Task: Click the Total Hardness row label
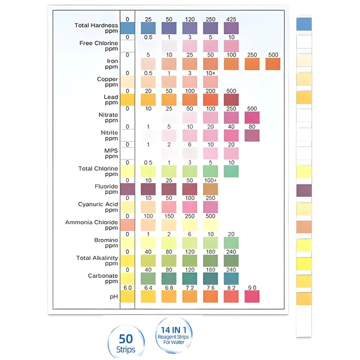coord(96,28)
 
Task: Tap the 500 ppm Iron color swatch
coord(273,64)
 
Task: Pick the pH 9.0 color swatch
coord(252,296)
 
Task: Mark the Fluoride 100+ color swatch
coord(210,189)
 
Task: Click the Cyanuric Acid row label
coord(98,207)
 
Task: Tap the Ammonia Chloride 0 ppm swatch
coord(127,225)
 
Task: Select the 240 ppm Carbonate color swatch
coord(231,278)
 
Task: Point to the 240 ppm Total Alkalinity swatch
coord(231,260)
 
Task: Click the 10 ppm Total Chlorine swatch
coord(231,171)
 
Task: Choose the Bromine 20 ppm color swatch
coord(231,243)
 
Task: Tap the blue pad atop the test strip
coord(304,24)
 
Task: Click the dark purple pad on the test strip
coord(304,190)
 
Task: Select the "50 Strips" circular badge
coord(126,342)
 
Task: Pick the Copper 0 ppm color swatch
coord(127,82)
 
